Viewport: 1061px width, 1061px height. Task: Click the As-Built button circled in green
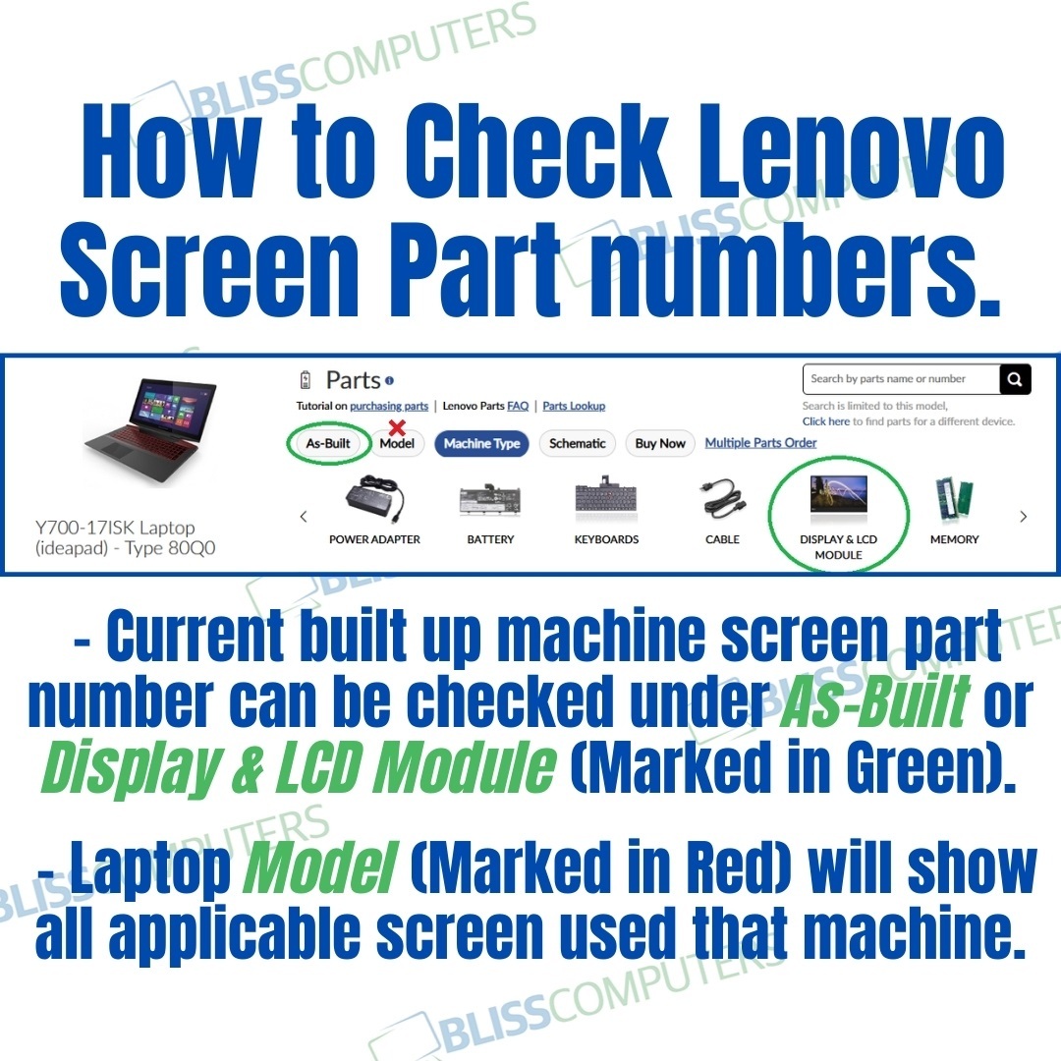click(x=328, y=443)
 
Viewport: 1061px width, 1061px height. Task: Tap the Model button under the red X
click(x=397, y=444)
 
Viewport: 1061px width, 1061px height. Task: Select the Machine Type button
click(x=481, y=444)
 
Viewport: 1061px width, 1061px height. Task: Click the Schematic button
click(x=577, y=444)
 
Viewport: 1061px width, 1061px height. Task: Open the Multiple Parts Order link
click(x=760, y=443)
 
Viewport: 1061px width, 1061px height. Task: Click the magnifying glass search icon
click(x=1015, y=379)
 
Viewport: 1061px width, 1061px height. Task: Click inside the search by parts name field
click(x=899, y=379)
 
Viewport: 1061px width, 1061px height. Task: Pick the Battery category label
click(x=490, y=539)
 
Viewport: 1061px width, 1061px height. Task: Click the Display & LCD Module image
click(x=838, y=496)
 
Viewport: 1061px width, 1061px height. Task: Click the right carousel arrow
click(x=1024, y=517)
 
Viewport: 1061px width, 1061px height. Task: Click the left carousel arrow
click(x=304, y=517)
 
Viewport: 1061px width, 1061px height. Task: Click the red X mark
click(x=397, y=426)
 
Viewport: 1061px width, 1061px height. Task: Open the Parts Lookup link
click(x=574, y=406)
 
